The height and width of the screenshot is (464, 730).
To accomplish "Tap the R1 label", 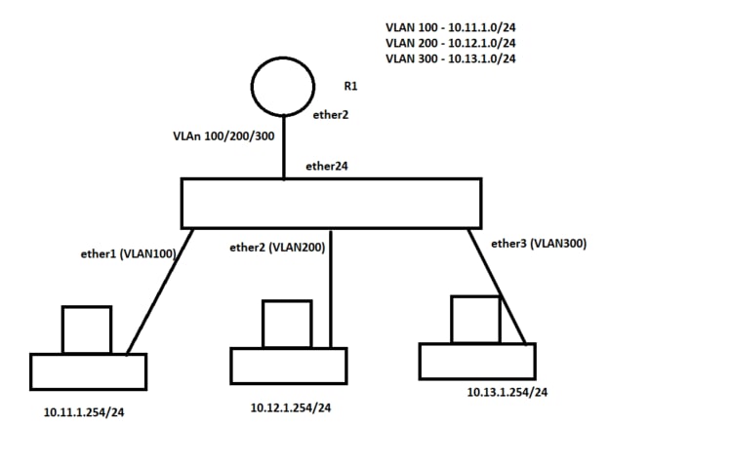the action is (x=350, y=86).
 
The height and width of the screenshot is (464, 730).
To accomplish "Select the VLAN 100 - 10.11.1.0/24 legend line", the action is (x=451, y=27).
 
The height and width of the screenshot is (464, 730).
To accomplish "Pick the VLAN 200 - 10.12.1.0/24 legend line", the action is (x=451, y=43).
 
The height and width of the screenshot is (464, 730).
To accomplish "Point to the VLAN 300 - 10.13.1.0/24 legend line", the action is (x=451, y=58).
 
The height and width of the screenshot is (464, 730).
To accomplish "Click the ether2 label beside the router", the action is (x=331, y=114).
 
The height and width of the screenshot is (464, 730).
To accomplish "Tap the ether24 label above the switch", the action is (x=327, y=166).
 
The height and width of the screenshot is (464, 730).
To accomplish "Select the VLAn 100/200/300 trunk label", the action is (x=223, y=136).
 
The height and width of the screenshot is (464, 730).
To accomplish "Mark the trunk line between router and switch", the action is (x=284, y=147).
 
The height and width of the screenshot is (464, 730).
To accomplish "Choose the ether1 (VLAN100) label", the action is (x=129, y=253).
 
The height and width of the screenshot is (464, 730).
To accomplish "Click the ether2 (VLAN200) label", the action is (x=277, y=248).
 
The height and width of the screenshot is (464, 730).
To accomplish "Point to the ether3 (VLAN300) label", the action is (x=539, y=243).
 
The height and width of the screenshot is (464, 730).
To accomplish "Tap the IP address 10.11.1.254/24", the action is (x=84, y=412).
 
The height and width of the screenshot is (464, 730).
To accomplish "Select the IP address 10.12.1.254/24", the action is (x=291, y=407).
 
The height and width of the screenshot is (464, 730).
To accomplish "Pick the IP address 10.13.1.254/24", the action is (x=507, y=392).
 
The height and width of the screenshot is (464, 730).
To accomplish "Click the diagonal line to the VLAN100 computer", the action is (x=160, y=292).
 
